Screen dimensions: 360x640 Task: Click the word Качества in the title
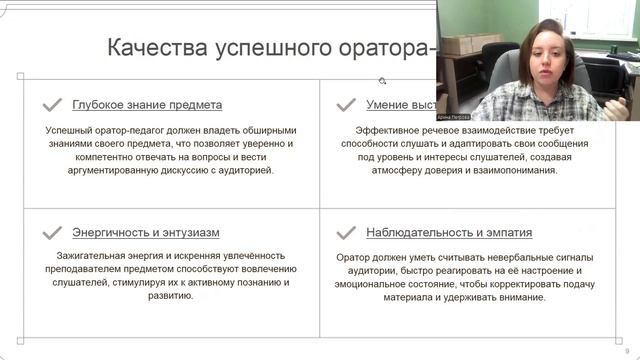click(x=156, y=49)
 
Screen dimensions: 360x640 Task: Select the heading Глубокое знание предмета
click(x=147, y=104)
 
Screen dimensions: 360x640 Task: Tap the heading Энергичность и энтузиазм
click(x=145, y=233)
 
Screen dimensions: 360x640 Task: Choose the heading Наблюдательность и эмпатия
click(x=449, y=233)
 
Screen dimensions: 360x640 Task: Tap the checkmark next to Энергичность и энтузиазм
click(x=51, y=233)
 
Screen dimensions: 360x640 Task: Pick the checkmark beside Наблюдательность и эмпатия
click(x=346, y=233)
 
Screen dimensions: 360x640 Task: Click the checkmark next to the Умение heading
click(x=346, y=104)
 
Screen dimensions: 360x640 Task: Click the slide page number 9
click(x=626, y=351)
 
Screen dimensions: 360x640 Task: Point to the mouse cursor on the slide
click(x=382, y=81)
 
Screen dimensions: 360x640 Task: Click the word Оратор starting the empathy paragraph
click(x=355, y=257)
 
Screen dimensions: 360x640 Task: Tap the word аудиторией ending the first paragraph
click(x=241, y=169)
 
